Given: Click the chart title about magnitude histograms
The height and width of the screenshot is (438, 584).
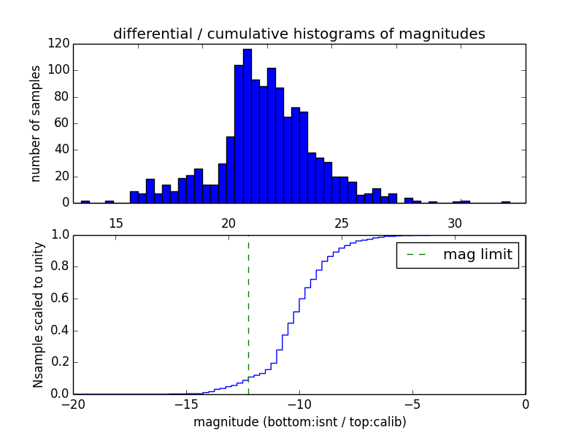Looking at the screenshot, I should [x=299, y=34].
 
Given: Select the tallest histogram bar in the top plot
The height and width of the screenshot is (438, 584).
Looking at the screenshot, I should [x=247, y=126].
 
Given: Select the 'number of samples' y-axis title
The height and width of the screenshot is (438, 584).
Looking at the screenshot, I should [x=36, y=123].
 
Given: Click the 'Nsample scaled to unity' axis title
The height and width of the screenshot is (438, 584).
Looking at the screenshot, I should [x=38, y=314].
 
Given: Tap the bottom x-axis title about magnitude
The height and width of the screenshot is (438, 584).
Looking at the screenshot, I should [x=299, y=422].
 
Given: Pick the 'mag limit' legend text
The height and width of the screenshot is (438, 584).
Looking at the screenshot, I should [x=477, y=255].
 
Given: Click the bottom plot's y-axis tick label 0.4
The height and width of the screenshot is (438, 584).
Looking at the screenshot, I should [x=59, y=331].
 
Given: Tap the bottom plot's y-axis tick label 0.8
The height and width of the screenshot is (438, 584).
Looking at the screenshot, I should [x=59, y=267].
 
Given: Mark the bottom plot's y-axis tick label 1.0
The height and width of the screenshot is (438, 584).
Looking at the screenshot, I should [x=59, y=235].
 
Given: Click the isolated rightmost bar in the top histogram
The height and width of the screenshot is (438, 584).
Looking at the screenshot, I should [x=505, y=201].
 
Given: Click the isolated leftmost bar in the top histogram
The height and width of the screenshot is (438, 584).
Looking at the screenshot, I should [x=85, y=201].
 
